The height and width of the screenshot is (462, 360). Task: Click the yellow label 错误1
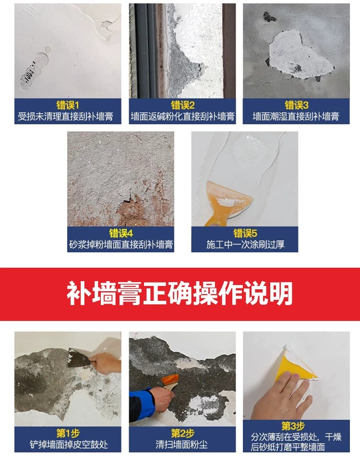point(68,105)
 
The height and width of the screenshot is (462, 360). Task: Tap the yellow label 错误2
point(182,105)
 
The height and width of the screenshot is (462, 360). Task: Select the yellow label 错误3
point(296,105)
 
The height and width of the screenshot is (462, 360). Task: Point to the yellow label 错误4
point(121,233)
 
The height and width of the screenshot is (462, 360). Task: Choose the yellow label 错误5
point(245,233)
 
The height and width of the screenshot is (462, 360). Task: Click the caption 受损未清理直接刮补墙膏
point(66,117)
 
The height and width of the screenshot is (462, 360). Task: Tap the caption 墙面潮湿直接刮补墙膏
point(296,117)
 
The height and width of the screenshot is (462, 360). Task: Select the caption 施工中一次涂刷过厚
point(245,244)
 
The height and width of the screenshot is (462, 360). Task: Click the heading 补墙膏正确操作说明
point(180,294)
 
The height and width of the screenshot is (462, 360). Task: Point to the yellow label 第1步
point(68,433)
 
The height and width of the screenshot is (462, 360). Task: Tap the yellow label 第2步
point(182,433)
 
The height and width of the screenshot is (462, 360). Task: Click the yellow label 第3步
point(293,426)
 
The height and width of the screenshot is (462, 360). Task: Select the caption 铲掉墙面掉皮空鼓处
point(69,444)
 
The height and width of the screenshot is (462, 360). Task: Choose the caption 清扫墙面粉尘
point(181,444)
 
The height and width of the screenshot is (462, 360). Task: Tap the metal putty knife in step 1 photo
point(77,357)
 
